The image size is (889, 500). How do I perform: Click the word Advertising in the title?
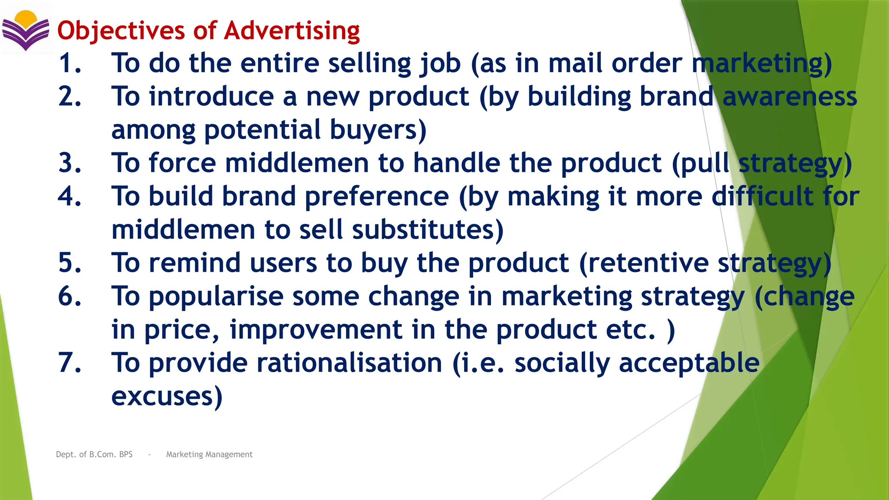[x=292, y=31]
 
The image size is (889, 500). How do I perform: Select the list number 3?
[x=70, y=163]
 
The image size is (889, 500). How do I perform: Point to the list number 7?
[x=70, y=363]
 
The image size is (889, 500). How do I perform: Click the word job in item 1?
[x=440, y=64]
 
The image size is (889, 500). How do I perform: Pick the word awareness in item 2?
[x=790, y=97]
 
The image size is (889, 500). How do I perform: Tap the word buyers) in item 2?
[x=378, y=130]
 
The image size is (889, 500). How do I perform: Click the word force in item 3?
[x=182, y=163]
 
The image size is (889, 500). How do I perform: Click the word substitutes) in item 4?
[x=428, y=230]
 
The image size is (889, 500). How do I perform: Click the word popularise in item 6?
[x=216, y=297]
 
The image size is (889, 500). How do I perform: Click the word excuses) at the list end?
[x=167, y=396]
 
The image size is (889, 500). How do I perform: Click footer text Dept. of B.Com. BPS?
[x=94, y=454]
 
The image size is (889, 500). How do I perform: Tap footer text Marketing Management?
[x=209, y=454]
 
